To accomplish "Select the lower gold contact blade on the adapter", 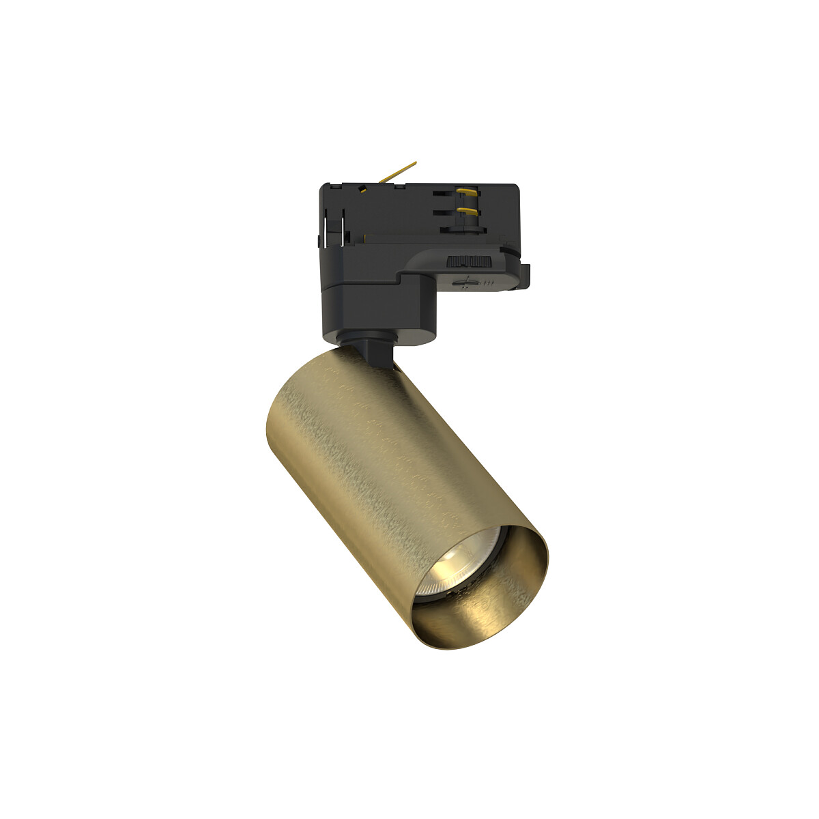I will pyautogui.click(x=466, y=210).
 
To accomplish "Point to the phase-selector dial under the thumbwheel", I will pyautogui.click(x=467, y=281).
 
